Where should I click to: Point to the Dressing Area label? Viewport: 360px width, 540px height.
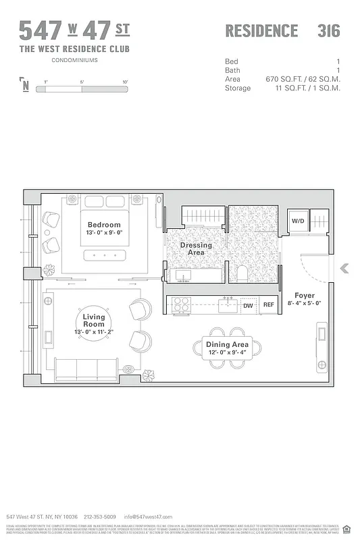(x=196, y=248)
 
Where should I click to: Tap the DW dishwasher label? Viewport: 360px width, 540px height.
(x=248, y=306)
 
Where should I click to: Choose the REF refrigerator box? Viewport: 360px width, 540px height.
(x=268, y=306)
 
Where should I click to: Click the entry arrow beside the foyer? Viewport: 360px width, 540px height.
(x=344, y=268)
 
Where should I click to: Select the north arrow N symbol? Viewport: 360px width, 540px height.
(x=25, y=85)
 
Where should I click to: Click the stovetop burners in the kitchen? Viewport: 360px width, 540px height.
(x=182, y=306)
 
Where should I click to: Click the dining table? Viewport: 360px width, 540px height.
(x=228, y=349)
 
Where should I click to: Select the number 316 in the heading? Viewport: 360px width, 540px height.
(x=328, y=31)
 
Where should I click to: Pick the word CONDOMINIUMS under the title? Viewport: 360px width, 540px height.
(x=74, y=60)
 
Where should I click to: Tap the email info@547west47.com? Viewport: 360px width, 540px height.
(x=143, y=516)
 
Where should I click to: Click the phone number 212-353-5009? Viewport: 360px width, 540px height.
(x=99, y=516)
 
